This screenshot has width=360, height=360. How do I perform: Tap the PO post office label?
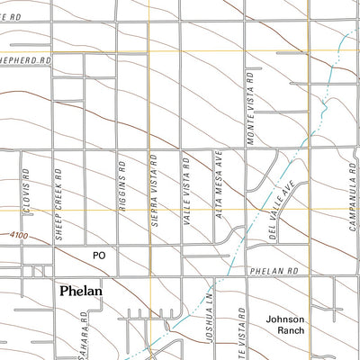click(99, 256)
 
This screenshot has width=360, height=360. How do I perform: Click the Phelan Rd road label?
click(272, 271)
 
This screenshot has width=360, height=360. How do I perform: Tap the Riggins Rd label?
click(120, 184)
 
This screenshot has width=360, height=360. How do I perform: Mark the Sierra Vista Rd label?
click(154, 184)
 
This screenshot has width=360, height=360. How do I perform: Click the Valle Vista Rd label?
click(186, 184)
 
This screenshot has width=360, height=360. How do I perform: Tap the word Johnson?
click(285, 319)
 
